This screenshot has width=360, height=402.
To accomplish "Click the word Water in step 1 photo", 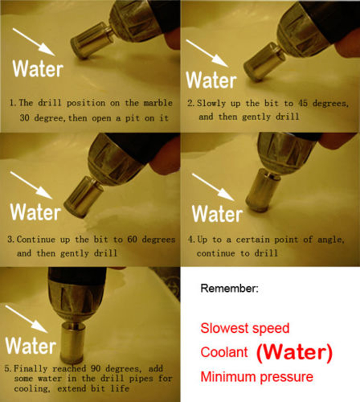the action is pyautogui.click(x=38, y=68).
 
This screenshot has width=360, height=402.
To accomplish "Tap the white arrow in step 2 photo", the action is pyautogui.click(x=207, y=53).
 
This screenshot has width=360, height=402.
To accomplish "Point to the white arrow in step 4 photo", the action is pyautogui.click(x=213, y=187).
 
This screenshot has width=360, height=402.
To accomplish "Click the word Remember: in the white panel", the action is pyautogui.click(x=229, y=289).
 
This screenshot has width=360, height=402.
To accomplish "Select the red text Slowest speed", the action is pyautogui.click(x=245, y=328).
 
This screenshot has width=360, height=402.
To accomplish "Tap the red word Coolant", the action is pyautogui.click(x=224, y=352).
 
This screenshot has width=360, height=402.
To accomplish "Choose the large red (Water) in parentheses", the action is pyautogui.click(x=294, y=352).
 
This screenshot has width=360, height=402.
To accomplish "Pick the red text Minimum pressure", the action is pyautogui.click(x=257, y=377).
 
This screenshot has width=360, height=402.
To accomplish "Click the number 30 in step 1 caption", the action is pyautogui.click(x=25, y=118).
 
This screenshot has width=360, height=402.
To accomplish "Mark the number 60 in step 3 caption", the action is pyautogui.click(x=132, y=239).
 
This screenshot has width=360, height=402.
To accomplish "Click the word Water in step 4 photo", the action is pyautogui.click(x=217, y=214).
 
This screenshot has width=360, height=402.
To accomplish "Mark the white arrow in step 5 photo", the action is pyautogui.click(x=27, y=319).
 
